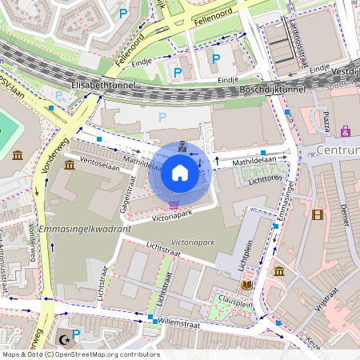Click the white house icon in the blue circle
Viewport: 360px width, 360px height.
point(180,173)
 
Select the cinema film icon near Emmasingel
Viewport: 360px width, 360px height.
point(318,214)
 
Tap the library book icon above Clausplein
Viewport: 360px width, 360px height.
point(246,284)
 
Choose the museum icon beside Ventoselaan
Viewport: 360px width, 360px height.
point(70,165)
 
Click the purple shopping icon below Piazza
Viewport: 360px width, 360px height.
point(346,130)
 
